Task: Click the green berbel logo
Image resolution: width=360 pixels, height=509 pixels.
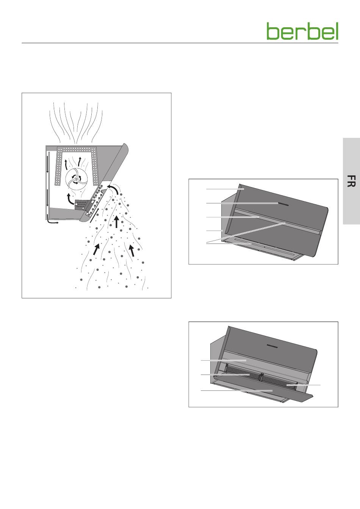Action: click(x=302, y=31)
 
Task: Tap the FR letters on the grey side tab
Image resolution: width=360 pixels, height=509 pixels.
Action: click(x=351, y=181)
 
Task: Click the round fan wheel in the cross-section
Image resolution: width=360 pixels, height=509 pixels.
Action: click(x=77, y=179)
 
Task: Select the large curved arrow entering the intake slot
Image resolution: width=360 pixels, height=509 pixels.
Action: click(x=114, y=189)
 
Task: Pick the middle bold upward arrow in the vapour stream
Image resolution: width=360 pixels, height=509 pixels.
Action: click(x=116, y=222)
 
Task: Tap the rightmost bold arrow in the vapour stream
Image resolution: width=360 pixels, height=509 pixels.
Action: click(x=131, y=250)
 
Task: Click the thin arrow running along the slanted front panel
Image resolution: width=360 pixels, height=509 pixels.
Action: click(x=95, y=214)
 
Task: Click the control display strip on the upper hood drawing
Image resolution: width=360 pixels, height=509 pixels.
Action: click(x=283, y=204)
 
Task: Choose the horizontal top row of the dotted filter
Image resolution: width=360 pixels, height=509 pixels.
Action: click(x=77, y=149)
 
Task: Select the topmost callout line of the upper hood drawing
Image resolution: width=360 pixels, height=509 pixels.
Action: click(x=225, y=189)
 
